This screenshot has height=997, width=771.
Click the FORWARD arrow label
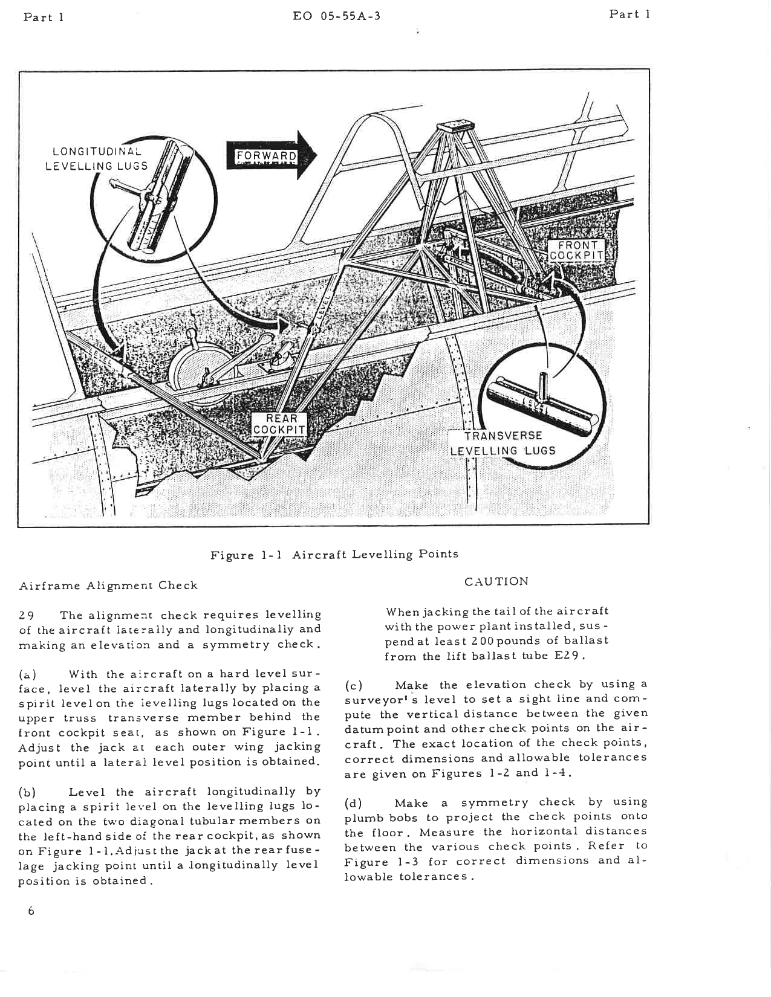coord(266,156)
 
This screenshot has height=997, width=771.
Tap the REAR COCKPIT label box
coord(279,424)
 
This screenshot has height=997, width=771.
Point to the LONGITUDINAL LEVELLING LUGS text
coord(97,158)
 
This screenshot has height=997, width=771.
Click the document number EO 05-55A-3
coord(336,16)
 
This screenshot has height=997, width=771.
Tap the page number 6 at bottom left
coord(30,911)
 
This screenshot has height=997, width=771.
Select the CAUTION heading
coord(496,581)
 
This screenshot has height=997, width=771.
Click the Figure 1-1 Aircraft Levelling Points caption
coord(334,554)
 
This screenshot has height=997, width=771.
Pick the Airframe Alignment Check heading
coord(109,585)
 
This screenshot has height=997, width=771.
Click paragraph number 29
coord(26,615)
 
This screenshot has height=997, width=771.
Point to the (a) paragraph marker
coord(28,674)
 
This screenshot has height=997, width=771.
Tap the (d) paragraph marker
coord(353,803)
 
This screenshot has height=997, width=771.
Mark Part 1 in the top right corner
coord(629,15)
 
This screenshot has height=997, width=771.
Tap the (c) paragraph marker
coord(353,685)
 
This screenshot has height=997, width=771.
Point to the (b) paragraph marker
coord(28,792)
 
